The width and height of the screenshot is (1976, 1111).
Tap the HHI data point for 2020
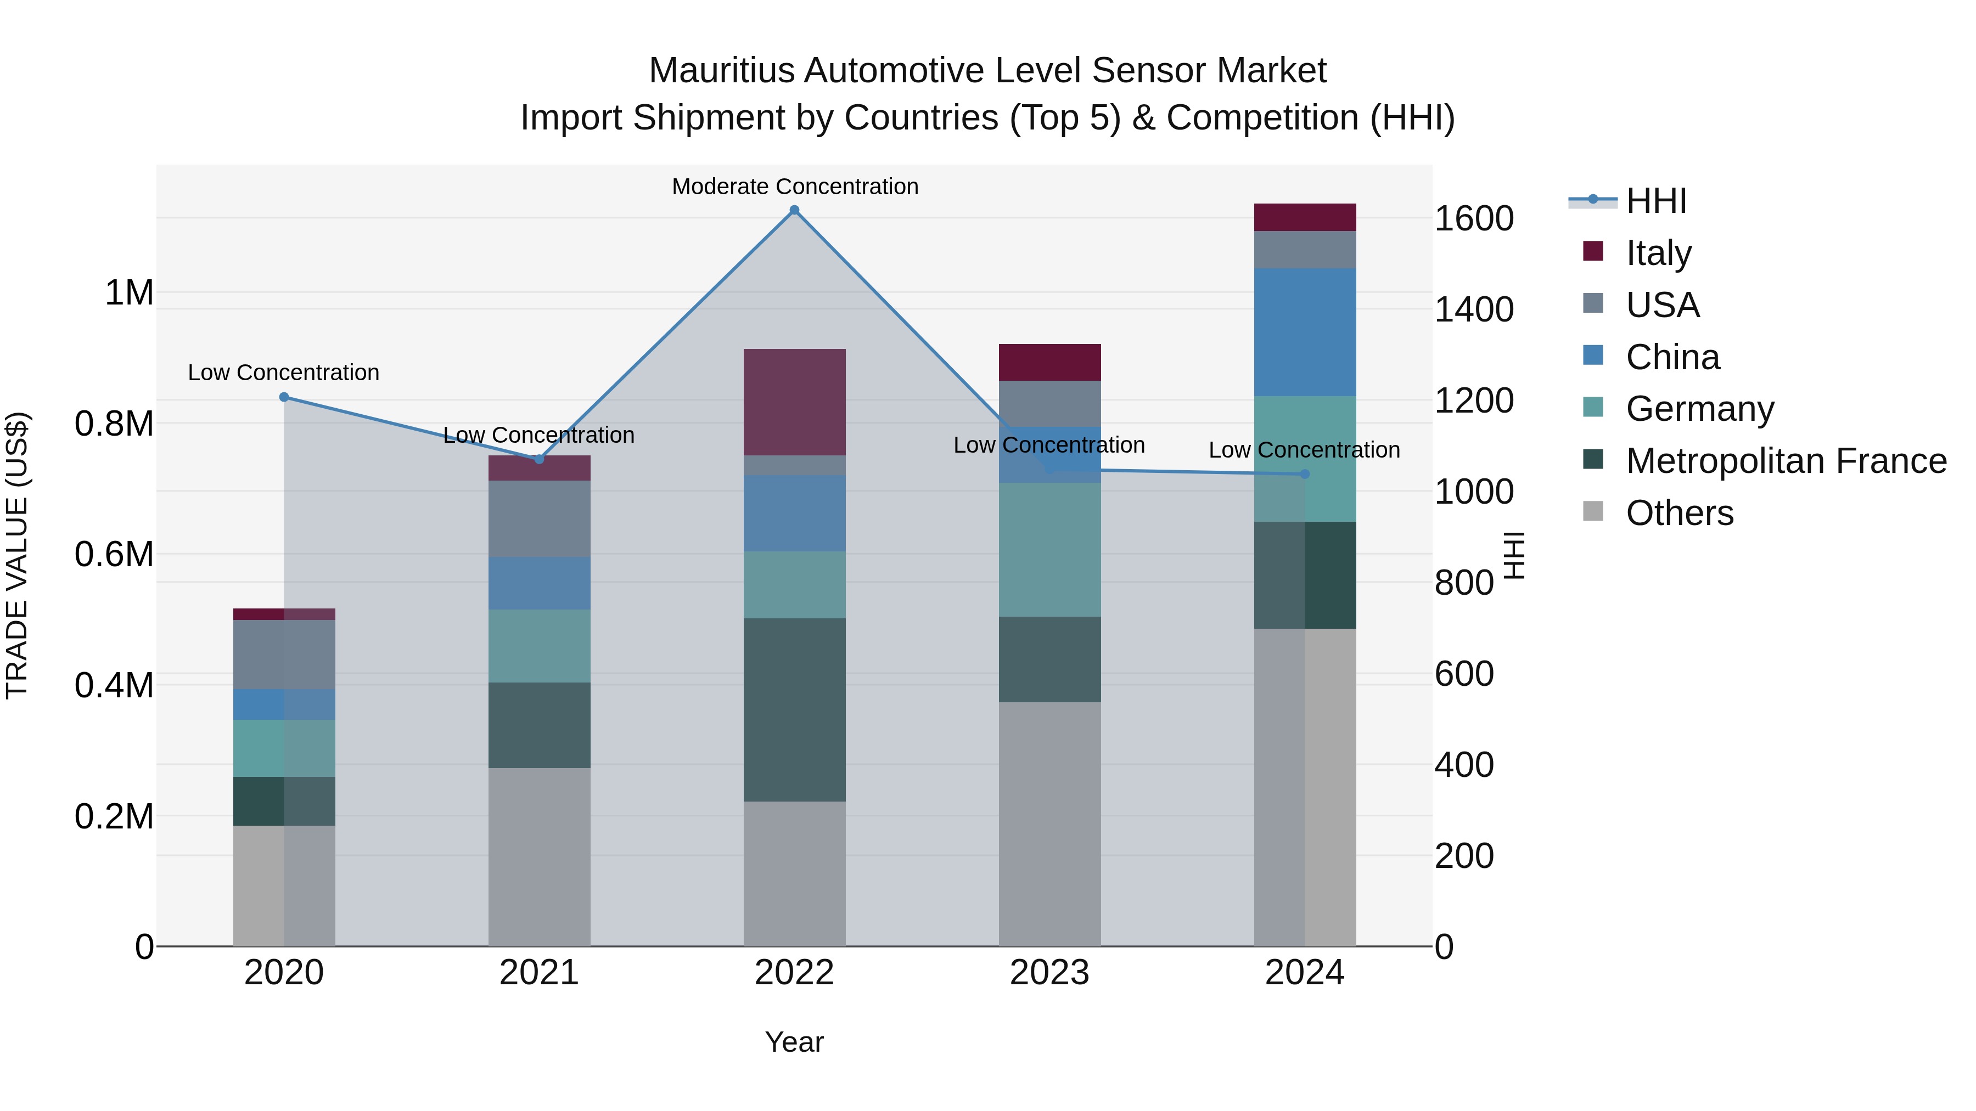pyautogui.click(x=284, y=397)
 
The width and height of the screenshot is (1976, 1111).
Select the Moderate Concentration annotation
pyautogui.click(x=795, y=187)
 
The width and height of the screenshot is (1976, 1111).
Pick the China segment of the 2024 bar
pyautogui.click(x=1304, y=332)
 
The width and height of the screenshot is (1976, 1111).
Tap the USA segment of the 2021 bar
pyautogui.click(x=538, y=518)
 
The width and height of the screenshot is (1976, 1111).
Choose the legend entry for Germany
pyautogui.click(x=1699, y=409)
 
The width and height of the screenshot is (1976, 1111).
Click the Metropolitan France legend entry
pyautogui.click(x=1785, y=461)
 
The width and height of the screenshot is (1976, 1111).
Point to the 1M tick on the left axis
pyautogui.click(x=129, y=293)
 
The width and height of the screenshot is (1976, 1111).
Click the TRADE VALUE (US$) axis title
pyautogui.click(x=17, y=555)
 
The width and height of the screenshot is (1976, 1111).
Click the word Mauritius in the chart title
pyautogui.click(x=721, y=71)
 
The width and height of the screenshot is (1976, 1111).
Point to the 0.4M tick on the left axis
pyautogui.click(x=114, y=685)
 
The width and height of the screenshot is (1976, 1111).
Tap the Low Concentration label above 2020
pyautogui.click(x=284, y=373)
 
